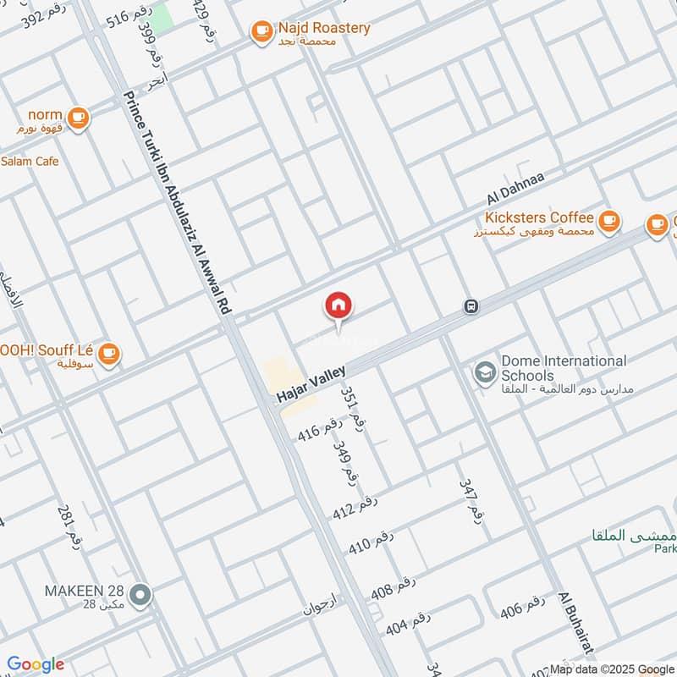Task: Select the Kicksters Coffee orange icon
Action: [x=608, y=222]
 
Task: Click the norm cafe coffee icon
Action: [x=79, y=118]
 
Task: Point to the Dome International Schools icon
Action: [x=485, y=373]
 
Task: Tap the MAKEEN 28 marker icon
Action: [x=142, y=595]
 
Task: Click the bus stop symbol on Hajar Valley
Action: [x=471, y=306]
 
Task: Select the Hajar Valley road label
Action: [x=311, y=381]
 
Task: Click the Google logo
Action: [x=36, y=665]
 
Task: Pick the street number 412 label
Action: [x=354, y=505]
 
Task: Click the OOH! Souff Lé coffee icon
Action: [x=108, y=355]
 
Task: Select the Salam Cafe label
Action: [x=30, y=161]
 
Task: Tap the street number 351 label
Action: [x=353, y=410]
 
